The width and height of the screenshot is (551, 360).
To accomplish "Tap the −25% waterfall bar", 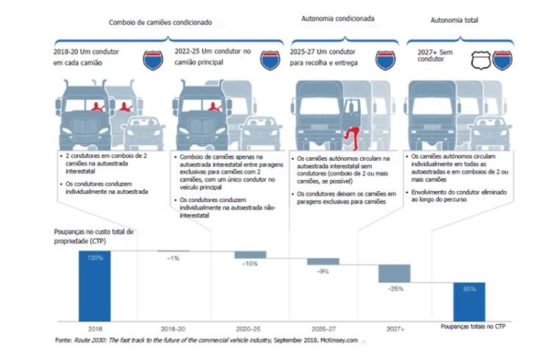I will coord(394,273).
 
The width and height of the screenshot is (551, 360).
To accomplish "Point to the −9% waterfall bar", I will coord(323,261).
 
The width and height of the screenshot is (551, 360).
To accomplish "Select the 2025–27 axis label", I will coord(323,329).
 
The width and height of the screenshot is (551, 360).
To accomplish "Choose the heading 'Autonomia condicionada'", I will coord(339,18).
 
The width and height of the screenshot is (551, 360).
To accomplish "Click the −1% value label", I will coord(173,258).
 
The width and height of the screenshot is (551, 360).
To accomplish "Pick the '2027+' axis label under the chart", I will coord(394,329).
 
